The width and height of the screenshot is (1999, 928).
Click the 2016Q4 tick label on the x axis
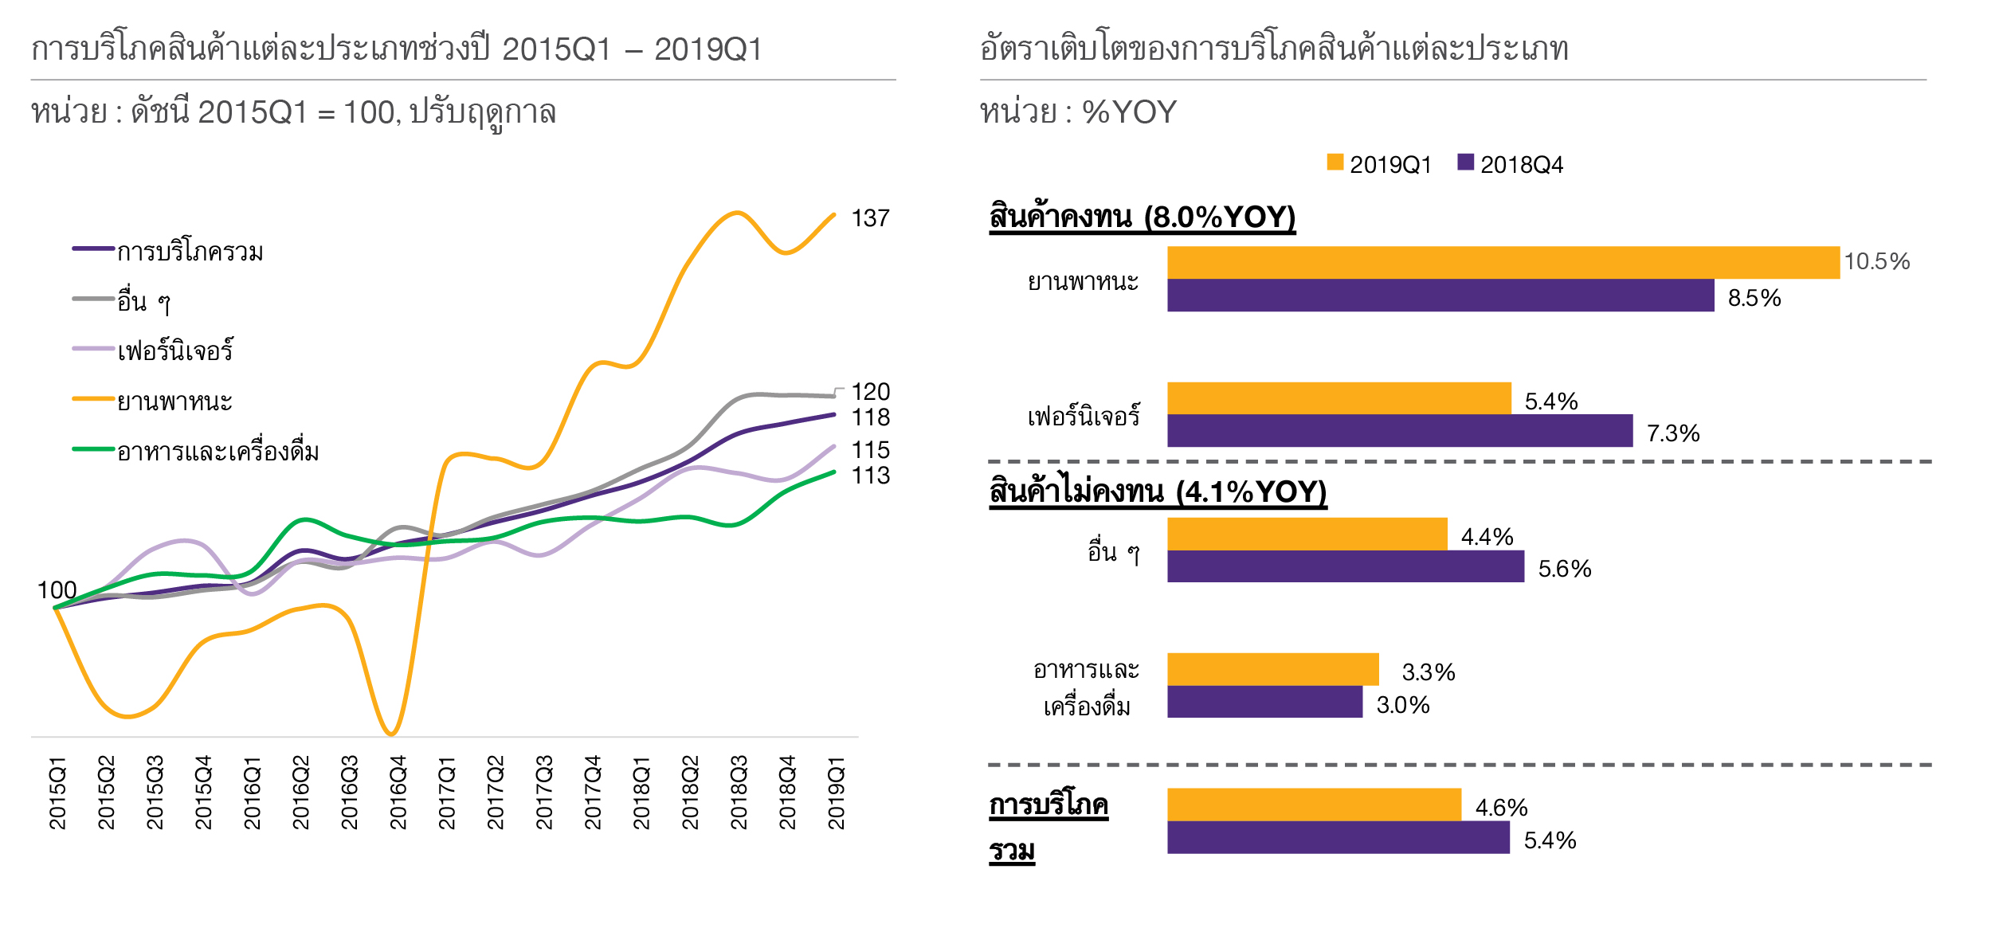point(398,793)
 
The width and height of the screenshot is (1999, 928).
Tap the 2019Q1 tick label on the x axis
point(836,793)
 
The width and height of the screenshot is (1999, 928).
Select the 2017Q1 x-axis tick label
point(446,793)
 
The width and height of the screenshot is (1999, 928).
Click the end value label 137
point(870,218)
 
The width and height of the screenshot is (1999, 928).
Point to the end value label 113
point(870,476)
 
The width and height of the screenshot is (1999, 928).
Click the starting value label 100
point(57,590)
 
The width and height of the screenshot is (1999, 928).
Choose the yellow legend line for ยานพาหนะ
point(93,398)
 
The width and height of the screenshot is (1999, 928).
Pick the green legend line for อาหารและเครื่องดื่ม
point(93,449)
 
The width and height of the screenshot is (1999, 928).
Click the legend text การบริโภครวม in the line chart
point(190,252)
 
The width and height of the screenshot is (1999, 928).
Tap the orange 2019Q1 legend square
point(1335,162)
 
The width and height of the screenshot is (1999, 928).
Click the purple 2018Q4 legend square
point(1465,162)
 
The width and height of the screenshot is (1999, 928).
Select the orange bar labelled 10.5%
point(1503,263)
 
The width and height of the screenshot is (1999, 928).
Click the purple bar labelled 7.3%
point(1399,431)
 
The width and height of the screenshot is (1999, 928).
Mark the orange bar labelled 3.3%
point(1272,669)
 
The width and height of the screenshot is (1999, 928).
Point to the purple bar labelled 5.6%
point(1345,566)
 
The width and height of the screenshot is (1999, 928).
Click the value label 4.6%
point(1501,808)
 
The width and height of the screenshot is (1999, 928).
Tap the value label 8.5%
point(1754,298)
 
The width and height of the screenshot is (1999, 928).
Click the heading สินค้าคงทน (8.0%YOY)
point(1142,217)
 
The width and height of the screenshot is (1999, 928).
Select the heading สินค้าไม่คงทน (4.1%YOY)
point(1157,491)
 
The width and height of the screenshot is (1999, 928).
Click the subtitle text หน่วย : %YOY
point(1077,112)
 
